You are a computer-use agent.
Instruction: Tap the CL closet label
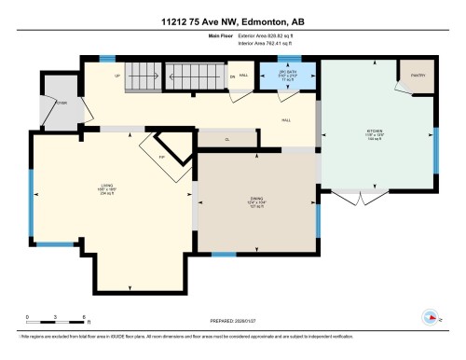[x=227, y=140]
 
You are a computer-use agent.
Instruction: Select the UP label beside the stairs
[x=116, y=76]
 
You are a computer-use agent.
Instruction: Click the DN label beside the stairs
[x=231, y=76]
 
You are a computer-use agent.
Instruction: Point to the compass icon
[x=430, y=315]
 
